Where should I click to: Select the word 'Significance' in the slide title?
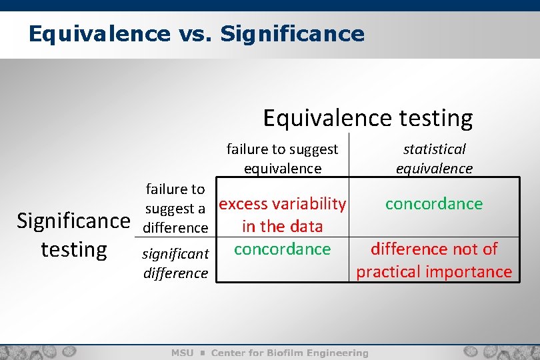(291, 33)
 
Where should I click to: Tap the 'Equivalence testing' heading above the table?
(367, 117)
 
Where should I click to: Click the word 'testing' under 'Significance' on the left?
(73, 249)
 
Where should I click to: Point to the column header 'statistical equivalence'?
(434, 159)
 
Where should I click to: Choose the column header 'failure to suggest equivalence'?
(282, 159)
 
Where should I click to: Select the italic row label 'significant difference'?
(176, 263)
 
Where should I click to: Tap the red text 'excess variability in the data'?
(283, 215)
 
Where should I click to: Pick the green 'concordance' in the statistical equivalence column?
(434, 203)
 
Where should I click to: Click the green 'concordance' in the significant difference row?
(283, 249)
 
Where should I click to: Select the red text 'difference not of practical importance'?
(434, 260)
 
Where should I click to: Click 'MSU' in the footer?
(183, 353)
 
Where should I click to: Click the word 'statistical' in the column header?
(434, 149)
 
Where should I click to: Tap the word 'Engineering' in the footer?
(340, 353)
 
